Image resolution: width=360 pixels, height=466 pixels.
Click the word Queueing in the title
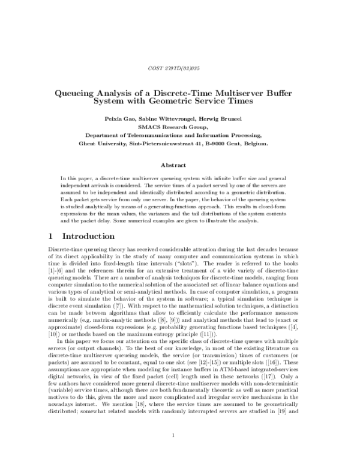[x=76, y=94]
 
